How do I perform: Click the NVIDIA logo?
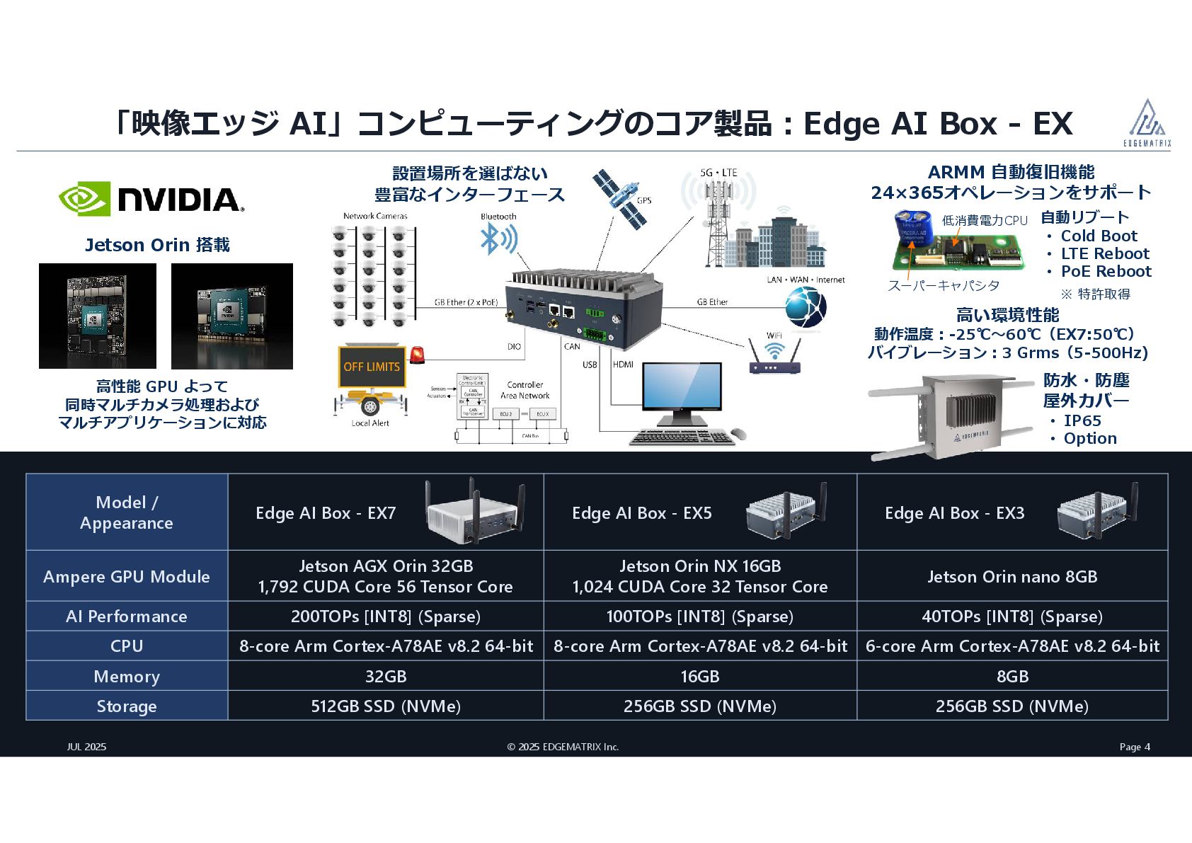click(x=151, y=199)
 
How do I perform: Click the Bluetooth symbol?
click(x=498, y=239)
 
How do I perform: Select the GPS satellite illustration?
click(x=621, y=197)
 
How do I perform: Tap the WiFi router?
click(x=774, y=358)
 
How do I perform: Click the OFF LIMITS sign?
click(x=372, y=367)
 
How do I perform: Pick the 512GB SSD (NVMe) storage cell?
click(x=386, y=706)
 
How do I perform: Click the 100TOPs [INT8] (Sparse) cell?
click(x=699, y=617)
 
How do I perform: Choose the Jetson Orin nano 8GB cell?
click(x=1012, y=577)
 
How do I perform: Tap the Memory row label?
click(x=127, y=677)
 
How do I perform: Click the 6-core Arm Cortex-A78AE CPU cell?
click(x=1012, y=646)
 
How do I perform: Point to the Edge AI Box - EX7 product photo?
click(x=474, y=512)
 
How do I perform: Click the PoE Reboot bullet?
click(x=1106, y=272)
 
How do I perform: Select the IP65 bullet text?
click(x=1082, y=420)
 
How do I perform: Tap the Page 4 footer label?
click(x=1135, y=747)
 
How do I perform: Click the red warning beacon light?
click(x=418, y=355)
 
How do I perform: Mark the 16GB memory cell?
click(x=699, y=677)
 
